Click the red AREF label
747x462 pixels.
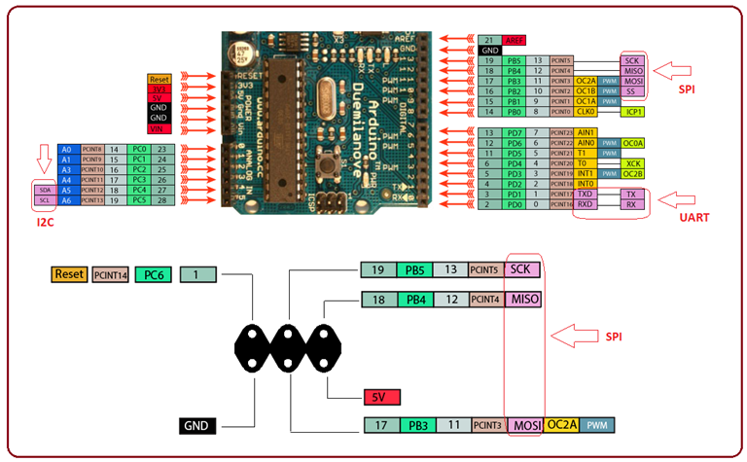tap(515, 40)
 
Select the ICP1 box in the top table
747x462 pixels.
tap(634, 112)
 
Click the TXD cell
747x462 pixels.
tap(585, 195)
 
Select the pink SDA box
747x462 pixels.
tap(43, 192)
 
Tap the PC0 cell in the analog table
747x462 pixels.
tap(138, 149)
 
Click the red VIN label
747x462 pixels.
tap(160, 129)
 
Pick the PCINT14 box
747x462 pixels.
tap(111, 275)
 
